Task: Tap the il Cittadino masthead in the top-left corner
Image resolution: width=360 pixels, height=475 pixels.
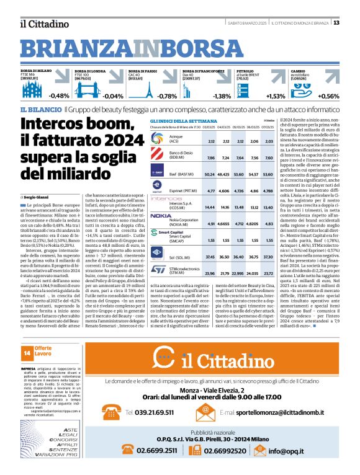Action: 43,24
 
